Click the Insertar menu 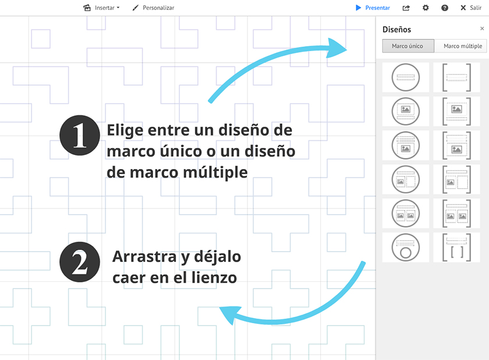[101, 8]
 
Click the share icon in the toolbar [406, 8]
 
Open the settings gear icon [426, 8]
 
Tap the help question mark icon [445, 8]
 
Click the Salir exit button [471, 8]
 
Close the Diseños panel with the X [482, 29]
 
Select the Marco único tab [408, 46]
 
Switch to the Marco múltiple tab [462, 46]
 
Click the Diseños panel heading [396, 29]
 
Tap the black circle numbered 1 [80, 135]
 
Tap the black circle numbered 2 [80, 262]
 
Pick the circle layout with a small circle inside [405, 247]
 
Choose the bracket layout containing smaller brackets [456, 247]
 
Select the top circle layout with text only [405, 77]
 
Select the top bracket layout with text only [456, 77]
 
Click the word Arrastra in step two [144, 257]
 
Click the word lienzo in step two [214, 277]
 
